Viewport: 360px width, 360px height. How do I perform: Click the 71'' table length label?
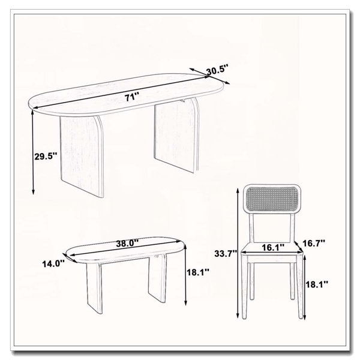point(132,97)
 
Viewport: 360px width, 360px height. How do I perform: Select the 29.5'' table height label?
point(46,157)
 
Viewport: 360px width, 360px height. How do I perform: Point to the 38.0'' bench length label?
point(127,243)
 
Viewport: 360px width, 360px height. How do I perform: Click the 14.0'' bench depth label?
point(53,264)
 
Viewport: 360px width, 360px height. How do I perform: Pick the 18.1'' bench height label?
point(198,272)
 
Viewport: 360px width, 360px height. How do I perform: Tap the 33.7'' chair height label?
point(226,254)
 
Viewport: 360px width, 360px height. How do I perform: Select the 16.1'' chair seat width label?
point(273,247)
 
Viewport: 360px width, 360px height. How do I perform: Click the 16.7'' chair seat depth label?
point(314,242)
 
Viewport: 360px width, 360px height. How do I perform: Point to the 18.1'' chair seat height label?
point(317,284)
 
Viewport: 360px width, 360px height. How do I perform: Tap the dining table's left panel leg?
point(82,155)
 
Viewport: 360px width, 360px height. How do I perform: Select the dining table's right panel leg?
point(176,136)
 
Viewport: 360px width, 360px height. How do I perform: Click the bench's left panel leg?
point(94,288)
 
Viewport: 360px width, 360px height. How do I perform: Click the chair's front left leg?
point(244,287)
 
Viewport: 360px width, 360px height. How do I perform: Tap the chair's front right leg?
point(300,287)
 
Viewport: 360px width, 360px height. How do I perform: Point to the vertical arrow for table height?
point(33,152)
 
